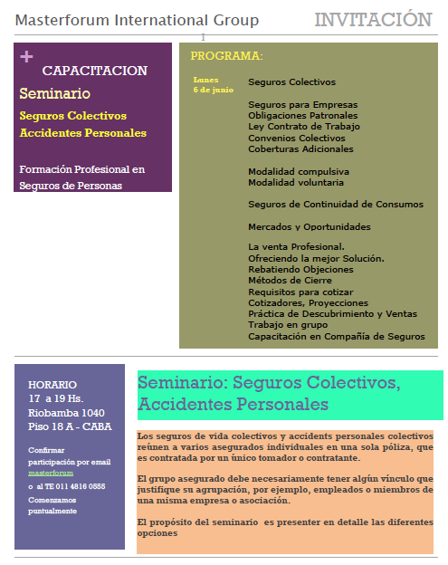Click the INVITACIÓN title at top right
tap(373, 20)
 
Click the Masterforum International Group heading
tap(137, 21)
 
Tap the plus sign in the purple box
tap(26, 57)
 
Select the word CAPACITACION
tap(95, 71)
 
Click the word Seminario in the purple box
tap(54, 93)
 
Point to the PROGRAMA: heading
tap(226, 56)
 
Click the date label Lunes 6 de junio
tap(213, 85)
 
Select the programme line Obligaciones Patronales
tap(302, 116)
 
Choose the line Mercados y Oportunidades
tap(310, 226)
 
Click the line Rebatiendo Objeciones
tap(300, 270)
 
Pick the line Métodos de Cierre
tap(291, 281)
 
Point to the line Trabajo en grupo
tap(289, 325)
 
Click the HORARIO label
tap(52, 385)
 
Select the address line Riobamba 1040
tap(66, 412)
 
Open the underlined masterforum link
tap(51, 474)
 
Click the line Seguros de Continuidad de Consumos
tap(335, 205)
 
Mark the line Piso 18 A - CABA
tap(70, 426)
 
